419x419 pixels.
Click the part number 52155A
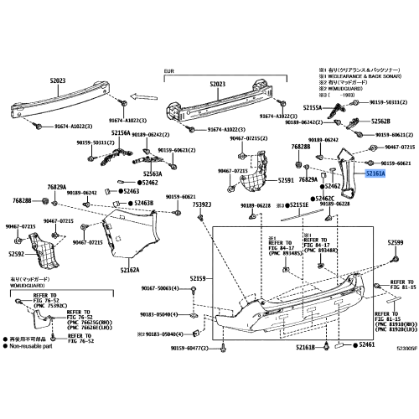coord(312,108)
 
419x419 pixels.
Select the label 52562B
coord(381,121)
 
